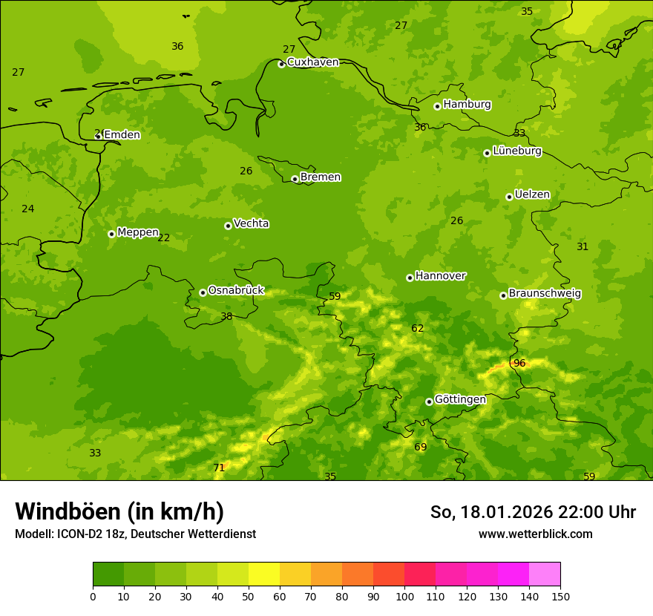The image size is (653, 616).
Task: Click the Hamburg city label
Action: pos(467,105)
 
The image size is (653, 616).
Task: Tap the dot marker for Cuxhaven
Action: pos(281,65)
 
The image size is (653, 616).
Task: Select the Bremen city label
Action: pos(320,177)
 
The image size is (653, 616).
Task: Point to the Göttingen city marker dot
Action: pos(429,402)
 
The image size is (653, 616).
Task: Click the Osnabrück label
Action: pos(235,290)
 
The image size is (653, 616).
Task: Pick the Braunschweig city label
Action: pos(544,293)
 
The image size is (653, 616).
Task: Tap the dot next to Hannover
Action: pos(410,278)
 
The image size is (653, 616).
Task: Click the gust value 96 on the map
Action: pos(519,363)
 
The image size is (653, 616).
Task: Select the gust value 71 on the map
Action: pos(219,468)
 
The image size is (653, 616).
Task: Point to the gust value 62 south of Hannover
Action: pos(418,328)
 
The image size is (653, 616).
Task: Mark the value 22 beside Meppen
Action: pos(164,238)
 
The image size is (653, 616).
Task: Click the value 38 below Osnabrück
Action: pos(226,316)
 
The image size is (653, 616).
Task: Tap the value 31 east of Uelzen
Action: pos(583,246)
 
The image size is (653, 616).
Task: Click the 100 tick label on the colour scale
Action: pos(404,596)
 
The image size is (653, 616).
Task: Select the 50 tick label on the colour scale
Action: pos(249,596)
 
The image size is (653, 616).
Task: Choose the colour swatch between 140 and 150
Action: pos(545,574)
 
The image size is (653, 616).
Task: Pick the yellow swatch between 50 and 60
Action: pos(264,574)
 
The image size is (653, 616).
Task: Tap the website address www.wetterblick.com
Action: pos(535,534)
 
